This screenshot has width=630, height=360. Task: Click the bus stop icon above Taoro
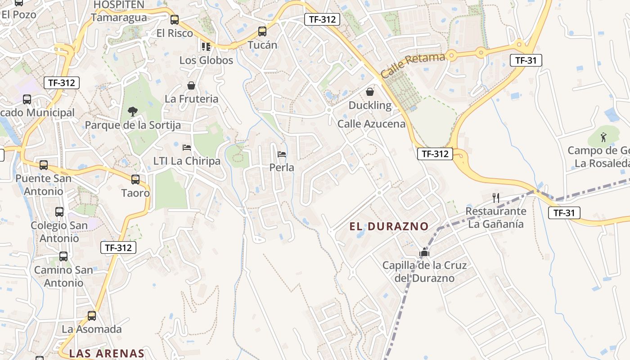pos(135,180)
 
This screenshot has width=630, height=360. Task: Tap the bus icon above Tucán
pos(262,31)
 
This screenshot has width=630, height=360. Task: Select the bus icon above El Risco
pos(175,20)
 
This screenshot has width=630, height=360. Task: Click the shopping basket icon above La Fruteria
pos(191,85)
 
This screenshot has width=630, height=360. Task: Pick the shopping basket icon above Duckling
pos(370,92)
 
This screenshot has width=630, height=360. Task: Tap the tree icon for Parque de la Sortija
pos(132,111)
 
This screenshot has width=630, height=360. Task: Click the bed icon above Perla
pos(282,154)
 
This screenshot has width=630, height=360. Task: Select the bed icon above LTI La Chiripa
pos(187,148)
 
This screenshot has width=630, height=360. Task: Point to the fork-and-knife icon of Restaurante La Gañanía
pos(496,198)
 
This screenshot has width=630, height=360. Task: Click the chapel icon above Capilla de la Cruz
pos(424,252)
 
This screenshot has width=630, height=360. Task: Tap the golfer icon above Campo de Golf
pos(603,137)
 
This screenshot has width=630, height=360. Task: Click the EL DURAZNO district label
pos(389,226)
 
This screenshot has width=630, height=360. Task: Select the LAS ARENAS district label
pos(107,353)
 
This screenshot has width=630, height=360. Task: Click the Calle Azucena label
pos(371,124)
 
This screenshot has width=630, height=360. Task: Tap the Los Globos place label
pos(206,60)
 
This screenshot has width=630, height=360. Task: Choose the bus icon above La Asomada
pos(92,315)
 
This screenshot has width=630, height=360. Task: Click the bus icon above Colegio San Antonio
pos(59,211)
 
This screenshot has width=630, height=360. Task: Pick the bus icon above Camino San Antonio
pos(63,256)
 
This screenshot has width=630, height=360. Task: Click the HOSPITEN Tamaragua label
pos(119,11)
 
